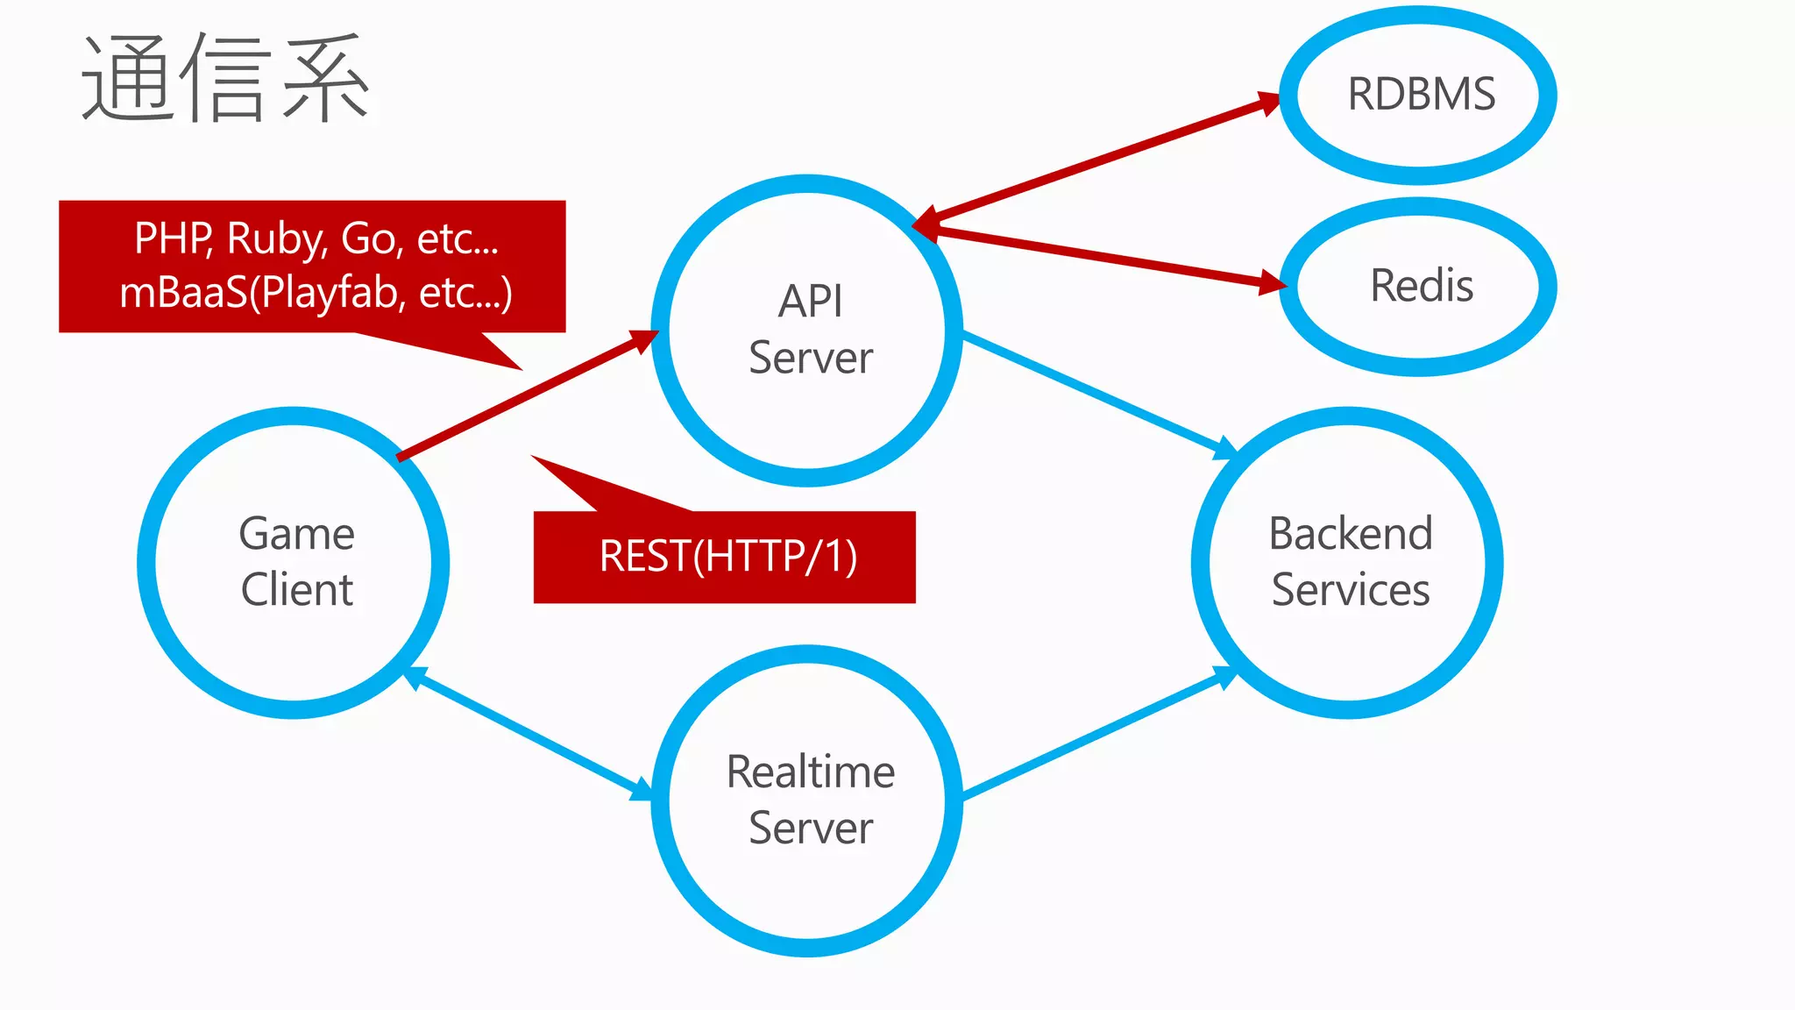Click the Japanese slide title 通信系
(x=225, y=79)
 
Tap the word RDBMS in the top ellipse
(x=1421, y=94)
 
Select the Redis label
(x=1421, y=286)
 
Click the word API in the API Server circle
(x=810, y=302)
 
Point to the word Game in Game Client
(x=296, y=534)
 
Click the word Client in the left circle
(x=296, y=589)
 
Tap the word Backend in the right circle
(x=1350, y=534)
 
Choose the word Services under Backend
(x=1350, y=589)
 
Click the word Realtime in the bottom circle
(x=810, y=772)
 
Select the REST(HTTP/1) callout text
(x=727, y=557)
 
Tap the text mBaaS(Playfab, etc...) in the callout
(x=316, y=293)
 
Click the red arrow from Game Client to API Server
(x=526, y=395)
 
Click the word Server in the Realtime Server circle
(x=810, y=829)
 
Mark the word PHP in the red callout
(x=172, y=238)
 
